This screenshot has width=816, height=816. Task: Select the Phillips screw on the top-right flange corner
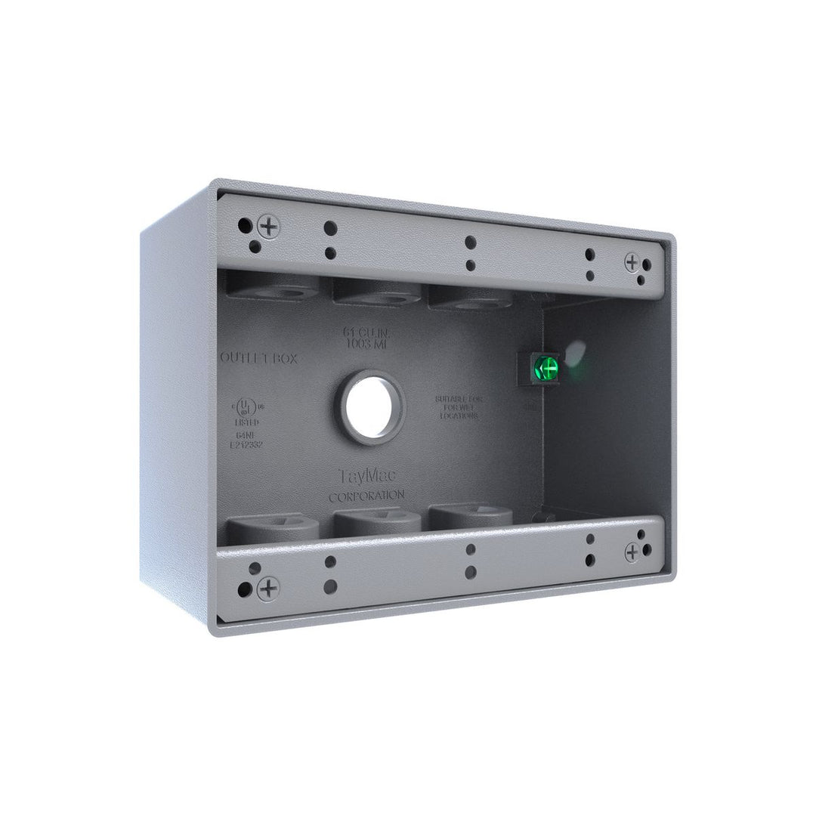tap(632, 261)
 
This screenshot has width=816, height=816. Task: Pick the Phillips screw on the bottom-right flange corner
tap(632, 553)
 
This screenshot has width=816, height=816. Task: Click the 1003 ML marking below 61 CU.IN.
tap(366, 344)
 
